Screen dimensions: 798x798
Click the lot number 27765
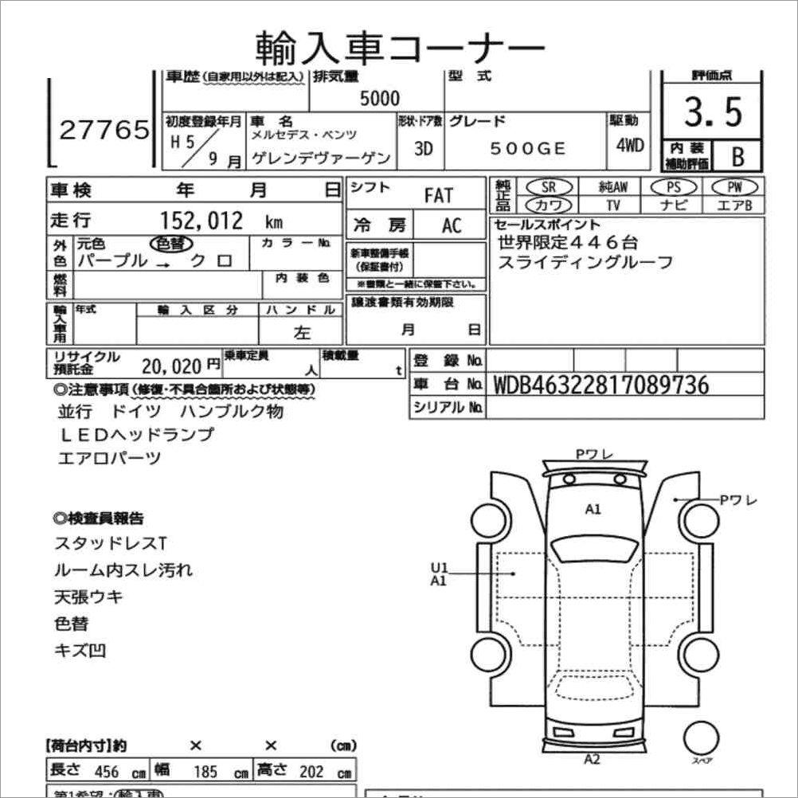click(x=104, y=130)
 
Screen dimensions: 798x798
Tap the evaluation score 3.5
click(x=712, y=112)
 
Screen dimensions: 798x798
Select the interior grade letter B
click(x=737, y=156)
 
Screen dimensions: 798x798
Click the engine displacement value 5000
click(x=380, y=99)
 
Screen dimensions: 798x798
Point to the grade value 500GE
click(x=527, y=149)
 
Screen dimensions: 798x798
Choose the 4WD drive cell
click(x=629, y=147)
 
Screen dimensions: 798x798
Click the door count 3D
click(x=424, y=149)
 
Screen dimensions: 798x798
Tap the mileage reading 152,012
click(x=202, y=221)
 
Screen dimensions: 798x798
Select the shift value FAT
click(x=438, y=195)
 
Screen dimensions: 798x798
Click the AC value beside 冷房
click(x=452, y=225)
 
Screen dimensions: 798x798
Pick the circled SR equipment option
click(x=548, y=186)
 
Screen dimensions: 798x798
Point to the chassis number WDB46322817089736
click(x=600, y=385)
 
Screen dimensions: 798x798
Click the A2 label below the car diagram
click(x=592, y=759)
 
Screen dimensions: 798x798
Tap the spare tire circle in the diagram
click(x=702, y=737)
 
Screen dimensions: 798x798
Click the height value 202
click(x=311, y=772)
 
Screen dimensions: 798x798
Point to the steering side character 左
click(x=303, y=334)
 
